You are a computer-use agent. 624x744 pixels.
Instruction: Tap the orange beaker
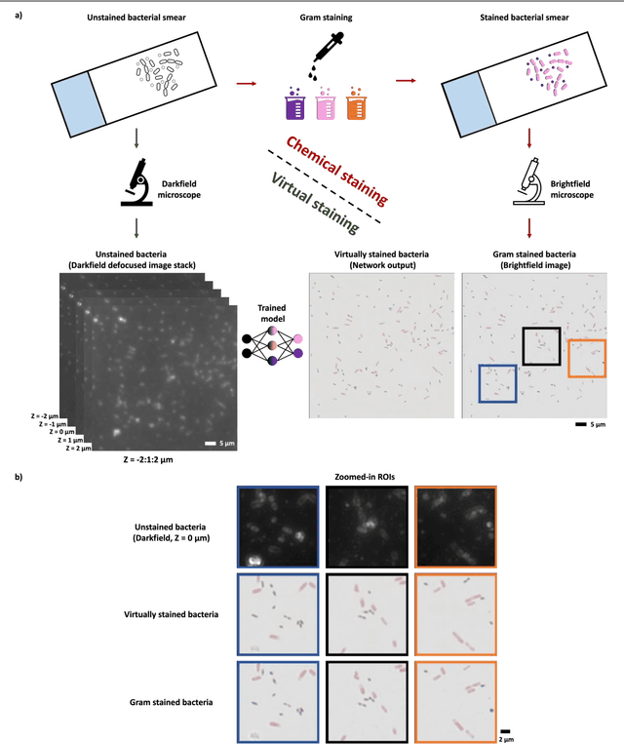pos(358,103)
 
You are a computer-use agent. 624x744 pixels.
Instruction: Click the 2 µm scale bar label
pos(505,737)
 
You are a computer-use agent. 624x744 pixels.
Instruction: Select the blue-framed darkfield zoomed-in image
pos(278,527)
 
